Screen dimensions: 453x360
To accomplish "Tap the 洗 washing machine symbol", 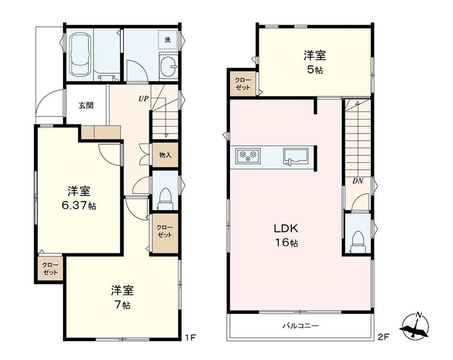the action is [168, 40].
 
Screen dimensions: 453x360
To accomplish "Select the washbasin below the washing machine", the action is [168, 67].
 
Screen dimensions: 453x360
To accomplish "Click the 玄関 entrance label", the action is [86, 106].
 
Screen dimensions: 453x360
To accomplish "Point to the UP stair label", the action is [144, 99].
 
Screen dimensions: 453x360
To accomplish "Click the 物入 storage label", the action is [165, 155].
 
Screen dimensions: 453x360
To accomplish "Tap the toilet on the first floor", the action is [165, 198].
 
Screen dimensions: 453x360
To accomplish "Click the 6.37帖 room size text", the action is [79, 206].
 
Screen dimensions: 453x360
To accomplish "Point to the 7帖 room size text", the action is [122, 305].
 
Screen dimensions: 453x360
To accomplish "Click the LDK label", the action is [286, 229].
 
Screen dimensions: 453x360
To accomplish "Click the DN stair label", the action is [358, 181].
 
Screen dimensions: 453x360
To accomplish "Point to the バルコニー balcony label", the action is [300, 326].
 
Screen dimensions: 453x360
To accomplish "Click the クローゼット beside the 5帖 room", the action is [243, 84].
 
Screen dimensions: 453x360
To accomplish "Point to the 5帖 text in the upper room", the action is [315, 70].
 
